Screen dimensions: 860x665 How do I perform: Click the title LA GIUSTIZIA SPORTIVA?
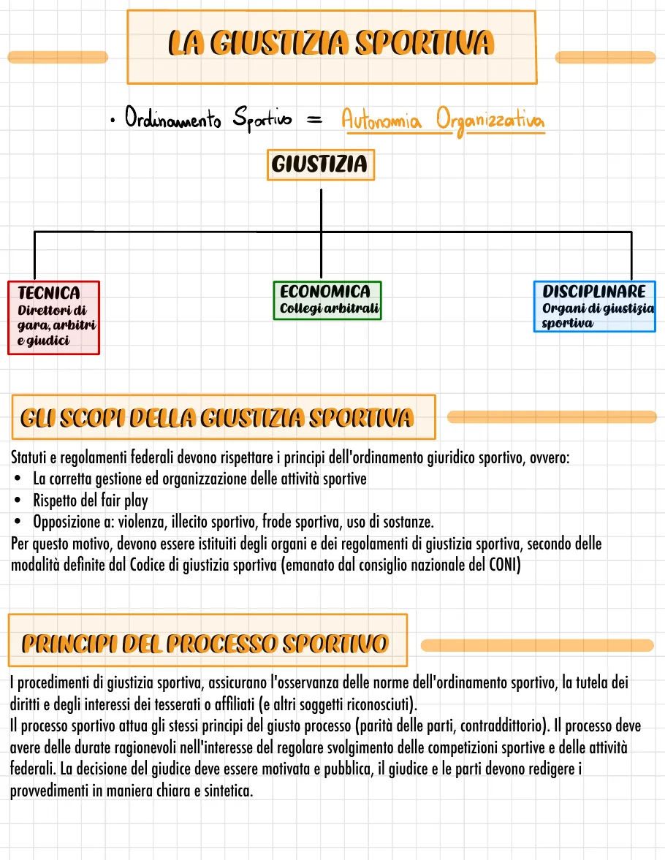tap(331, 45)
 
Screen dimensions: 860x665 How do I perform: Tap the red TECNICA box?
tap(53, 317)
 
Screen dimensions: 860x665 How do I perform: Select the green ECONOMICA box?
tap(327, 300)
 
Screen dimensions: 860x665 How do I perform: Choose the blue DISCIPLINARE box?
tap(594, 306)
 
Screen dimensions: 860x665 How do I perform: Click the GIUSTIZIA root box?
tap(319, 165)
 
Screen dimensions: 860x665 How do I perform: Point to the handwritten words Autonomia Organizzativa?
tap(442, 121)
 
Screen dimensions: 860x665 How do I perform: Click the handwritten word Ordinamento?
tap(173, 119)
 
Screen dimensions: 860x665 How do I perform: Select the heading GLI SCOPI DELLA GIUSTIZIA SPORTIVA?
tap(217, 418)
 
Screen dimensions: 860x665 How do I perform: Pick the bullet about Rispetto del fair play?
tap(90, 501)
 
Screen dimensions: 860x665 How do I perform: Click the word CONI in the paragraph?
tap(504, 566)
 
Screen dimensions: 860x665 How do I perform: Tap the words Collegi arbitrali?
tap(330, 308)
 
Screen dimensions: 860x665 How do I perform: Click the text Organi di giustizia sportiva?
tap(598, 316)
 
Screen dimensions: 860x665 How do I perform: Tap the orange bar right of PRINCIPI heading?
tap(537, 645)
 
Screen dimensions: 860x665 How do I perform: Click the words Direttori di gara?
tap(53, 317)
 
